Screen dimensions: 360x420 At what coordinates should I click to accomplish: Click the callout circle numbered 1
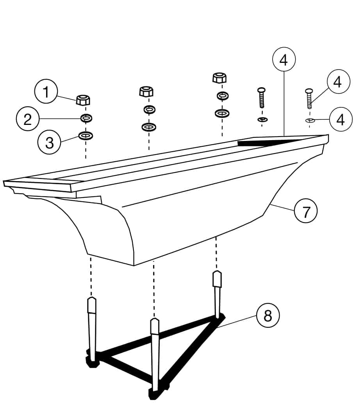coord(46,92)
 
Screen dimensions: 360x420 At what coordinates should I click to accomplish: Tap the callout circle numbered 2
coord(28,119)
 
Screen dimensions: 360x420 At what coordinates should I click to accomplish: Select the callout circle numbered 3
coord(49,142)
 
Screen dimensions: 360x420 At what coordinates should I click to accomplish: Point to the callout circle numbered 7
coord(306,211)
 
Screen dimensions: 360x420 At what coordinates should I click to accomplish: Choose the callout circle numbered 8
coord(268,315)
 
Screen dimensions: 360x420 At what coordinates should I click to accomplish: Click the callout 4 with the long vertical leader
coord(283,60)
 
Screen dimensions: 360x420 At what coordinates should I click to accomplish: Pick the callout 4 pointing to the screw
coord(338,82)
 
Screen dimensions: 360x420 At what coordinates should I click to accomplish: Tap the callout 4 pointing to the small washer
coord(340,119)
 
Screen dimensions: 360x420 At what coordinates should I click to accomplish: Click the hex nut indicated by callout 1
coord(83,100)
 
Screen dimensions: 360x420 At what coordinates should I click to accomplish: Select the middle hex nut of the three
coord(146,91)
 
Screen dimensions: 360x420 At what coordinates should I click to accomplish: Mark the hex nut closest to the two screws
coord(219,77)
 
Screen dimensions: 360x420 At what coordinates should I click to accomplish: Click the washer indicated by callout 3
coord(86,136)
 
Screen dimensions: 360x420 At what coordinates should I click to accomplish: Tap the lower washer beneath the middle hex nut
coord(149,127)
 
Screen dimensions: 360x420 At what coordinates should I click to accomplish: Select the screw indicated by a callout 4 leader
coord(310,99)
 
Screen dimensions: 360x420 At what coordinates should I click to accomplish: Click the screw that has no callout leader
coord(262,98)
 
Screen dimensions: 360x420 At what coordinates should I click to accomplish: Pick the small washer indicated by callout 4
coord(310,120)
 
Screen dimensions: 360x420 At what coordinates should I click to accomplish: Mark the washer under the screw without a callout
coord(263,119)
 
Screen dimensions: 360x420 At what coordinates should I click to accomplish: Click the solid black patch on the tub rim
coord(268,142)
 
